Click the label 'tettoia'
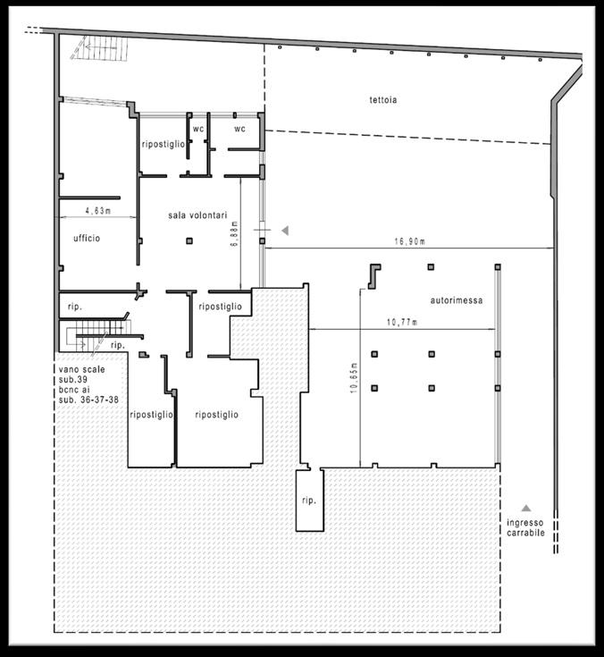click(x=382, y=100)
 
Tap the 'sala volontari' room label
click(x=197, y=215)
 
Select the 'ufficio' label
click(x=87, y=238)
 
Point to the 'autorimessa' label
click(x=457, y=300)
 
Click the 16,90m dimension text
click(x=409, y=241)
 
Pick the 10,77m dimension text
click(x=402, y=322)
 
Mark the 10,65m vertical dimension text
click(x=354, y=377)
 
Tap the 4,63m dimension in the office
click(x=98, y=211)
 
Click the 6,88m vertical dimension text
click(x=234, y=233)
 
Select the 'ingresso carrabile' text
click(x=525, y=527)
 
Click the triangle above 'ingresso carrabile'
click(x=526, y=509)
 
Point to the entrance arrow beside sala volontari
click(x=285, y=230)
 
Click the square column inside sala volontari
click(x=189, y=241)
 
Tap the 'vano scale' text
click(x=81, y=369)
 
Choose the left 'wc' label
click(x=198, y=129)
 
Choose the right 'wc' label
click(x=239, y=129)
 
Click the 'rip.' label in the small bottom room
click(x=309, y=501)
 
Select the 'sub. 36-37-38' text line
click(x=88, y=400)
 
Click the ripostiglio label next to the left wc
click(x=163, y=144)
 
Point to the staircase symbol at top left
click(x=102, y=47)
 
